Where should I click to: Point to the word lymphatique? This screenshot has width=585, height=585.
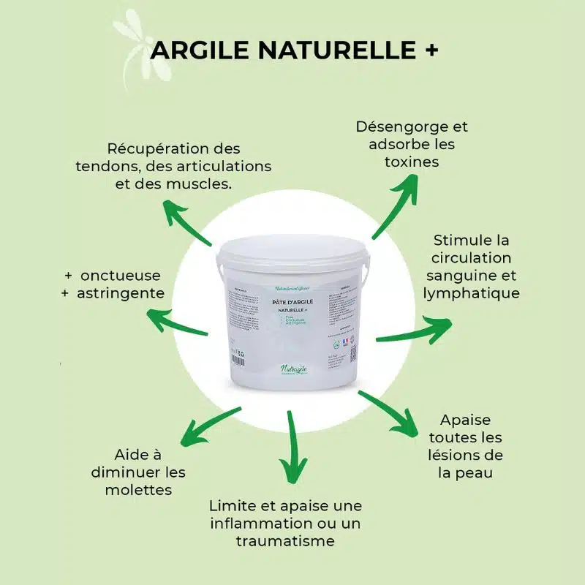(x=471, y=292)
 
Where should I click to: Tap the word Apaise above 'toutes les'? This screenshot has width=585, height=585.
(x=466, y=420)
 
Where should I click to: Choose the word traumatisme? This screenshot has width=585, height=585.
(x=285, y=540)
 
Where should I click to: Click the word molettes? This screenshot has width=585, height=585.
(x=138, y=488)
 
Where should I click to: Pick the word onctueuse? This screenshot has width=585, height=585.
(x=121, y=276)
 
